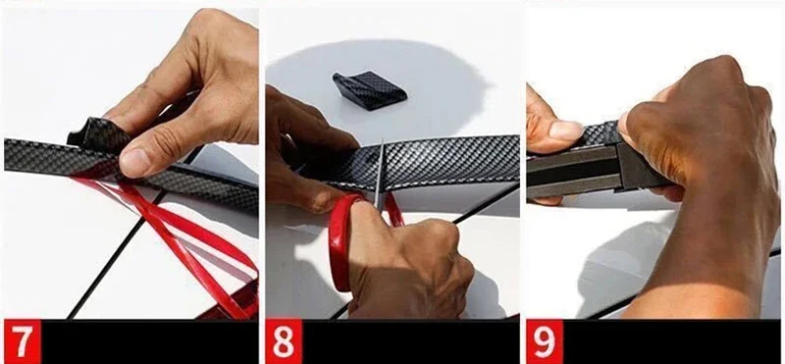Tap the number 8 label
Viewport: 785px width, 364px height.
point(284,341)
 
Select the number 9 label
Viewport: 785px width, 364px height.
point(545,341)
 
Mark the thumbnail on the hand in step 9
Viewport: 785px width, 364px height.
point(566,131)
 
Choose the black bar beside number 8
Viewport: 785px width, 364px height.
point(410,341)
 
